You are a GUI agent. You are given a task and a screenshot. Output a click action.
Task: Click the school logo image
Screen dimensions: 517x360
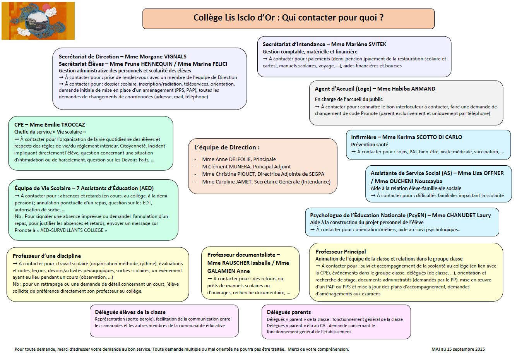[x=38, y=21]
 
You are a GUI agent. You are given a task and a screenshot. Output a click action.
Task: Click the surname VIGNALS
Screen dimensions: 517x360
[x=175, y=57]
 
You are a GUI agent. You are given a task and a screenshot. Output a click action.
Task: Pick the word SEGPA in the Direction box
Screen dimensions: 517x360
[x=316, y=174]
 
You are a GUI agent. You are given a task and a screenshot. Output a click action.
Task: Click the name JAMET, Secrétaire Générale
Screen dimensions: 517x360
[x=243, y=182]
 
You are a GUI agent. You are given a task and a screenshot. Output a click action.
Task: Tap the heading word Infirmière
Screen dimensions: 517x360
[x=363, y=137]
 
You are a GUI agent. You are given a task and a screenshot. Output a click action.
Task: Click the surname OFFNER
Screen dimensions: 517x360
[x=493, y=173]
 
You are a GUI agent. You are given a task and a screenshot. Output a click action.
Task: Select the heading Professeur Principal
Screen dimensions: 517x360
[x=341, y=252]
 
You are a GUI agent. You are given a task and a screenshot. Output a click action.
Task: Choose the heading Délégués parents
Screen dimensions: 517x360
[x=289, y=312]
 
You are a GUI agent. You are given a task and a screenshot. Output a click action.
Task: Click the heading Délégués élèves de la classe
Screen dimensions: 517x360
[x=130, y=312]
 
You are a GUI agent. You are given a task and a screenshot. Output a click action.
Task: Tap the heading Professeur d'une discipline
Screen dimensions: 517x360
[x=47, y=256]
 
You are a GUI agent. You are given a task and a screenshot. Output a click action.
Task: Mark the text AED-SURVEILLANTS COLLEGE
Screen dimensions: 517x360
[x=72, y=230]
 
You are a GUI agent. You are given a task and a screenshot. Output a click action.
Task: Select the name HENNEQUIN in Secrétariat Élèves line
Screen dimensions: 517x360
[x=157, y=64]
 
